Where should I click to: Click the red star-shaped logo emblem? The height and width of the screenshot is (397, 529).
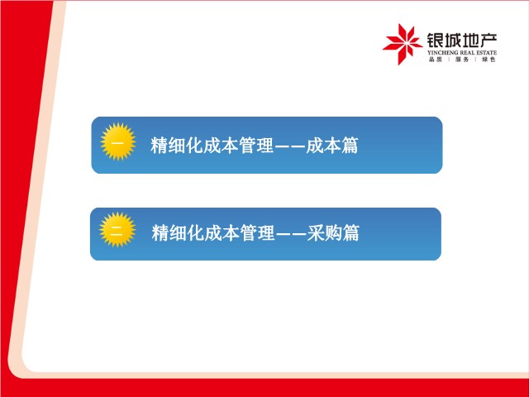point(403,44)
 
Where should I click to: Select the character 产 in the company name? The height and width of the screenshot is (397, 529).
point(488,41)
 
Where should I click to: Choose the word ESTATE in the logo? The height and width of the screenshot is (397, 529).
point(487,53)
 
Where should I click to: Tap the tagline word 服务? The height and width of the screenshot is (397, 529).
point(462,60)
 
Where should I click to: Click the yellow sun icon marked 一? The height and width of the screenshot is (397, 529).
point(118,141)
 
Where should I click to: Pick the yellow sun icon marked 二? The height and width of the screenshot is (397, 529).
point(117,230)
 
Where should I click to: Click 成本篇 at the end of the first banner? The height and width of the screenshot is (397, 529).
point(332,146)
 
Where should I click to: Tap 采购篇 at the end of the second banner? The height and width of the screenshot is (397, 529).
point(333,233)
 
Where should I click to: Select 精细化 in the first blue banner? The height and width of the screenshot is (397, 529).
point(176,146)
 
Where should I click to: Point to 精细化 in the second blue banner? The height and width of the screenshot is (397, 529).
point(178,233)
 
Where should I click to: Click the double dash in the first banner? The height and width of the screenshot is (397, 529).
point(290,146)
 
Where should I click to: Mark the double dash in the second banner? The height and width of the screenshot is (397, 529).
point(291,233)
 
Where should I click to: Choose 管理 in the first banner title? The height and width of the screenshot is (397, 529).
point(255,146)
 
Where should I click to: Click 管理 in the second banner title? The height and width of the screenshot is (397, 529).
point(257,233)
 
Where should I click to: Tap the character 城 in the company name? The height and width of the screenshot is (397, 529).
point(453,41)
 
